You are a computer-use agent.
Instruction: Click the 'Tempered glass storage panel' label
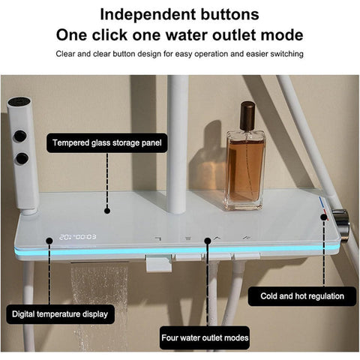click(107, 143)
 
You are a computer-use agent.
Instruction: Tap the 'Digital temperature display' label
click(60, 314)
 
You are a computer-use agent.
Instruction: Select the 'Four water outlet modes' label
click(205, 337)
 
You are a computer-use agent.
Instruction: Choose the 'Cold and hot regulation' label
click(302, 296)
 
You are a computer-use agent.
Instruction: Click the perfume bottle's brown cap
click(247, 115)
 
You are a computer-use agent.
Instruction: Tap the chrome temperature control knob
click(340, 224)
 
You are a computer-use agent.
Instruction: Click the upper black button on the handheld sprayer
click(20, 136)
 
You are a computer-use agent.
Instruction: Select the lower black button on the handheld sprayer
click(22, 158)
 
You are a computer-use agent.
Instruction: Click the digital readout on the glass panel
click(77, 237)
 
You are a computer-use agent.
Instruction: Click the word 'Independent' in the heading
click(148, 14)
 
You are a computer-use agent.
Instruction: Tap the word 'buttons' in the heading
click(229, 14)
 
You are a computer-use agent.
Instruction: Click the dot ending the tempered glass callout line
click(107, 211)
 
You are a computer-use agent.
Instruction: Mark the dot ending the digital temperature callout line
click(49, 241)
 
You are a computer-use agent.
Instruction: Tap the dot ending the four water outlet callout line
click(208, 241)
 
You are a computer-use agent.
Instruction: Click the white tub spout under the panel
click(158, 264)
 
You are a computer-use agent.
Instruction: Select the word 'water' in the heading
click(187, 35)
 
